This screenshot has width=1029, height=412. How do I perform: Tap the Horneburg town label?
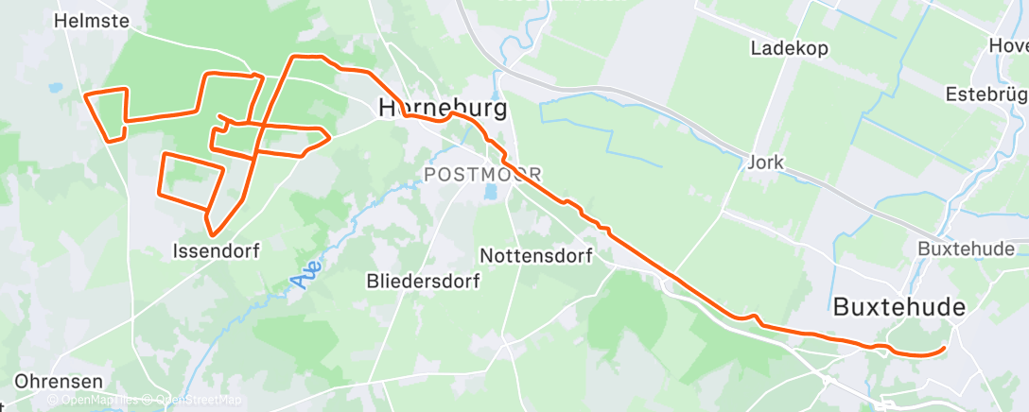coord(443,108)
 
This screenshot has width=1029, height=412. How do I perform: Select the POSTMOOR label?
coord(482,175)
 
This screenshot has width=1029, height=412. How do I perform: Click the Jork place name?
coord(765,162)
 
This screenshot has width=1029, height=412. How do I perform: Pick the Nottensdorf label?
coord(535,256)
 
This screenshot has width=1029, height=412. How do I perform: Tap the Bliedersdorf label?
coord(423,281)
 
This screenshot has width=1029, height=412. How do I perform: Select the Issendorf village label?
coord(216,251)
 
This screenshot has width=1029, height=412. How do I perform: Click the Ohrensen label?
coord(59,382)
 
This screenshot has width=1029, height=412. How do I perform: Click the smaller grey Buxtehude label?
coord(966,249)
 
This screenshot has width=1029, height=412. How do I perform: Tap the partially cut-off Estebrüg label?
coord(986,95)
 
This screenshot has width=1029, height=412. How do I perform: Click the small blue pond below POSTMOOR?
coord(489,193)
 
